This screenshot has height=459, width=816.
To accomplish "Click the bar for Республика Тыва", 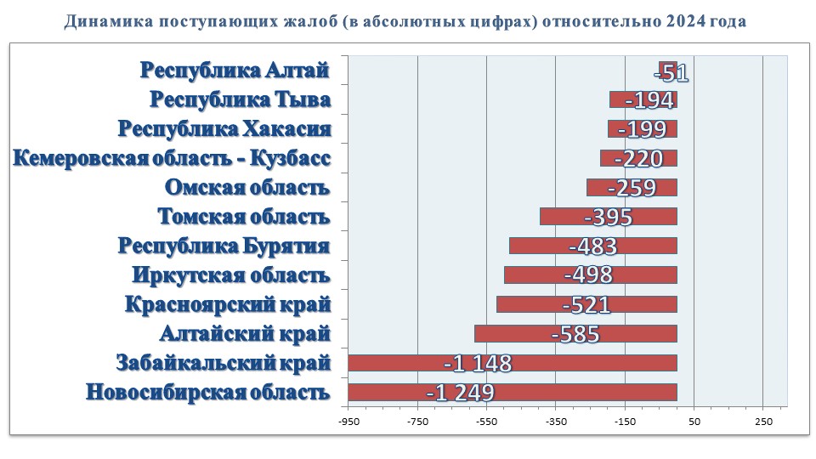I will click(x=643, y=100).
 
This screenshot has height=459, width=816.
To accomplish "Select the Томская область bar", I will click(x=608, y=217).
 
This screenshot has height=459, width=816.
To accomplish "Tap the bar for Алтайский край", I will click(x=575, y=333).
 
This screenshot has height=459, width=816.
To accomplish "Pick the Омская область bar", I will click(x=632, y=188).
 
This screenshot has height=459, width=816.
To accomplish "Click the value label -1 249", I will click(x=460, y=393).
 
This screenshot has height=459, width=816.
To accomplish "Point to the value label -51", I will click(x=671, y=72).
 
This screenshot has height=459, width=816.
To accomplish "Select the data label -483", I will click(x=592, y=246).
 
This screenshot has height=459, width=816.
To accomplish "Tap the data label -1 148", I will click(x=478, y=364).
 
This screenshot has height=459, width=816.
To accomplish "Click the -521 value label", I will click(x=586, y=304).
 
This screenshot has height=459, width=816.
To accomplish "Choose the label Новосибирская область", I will click(x=207, y=393).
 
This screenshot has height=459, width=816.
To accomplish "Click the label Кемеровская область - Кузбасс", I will click(x=171, y=159).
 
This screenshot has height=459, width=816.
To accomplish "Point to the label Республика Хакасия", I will click(x=224, y=129).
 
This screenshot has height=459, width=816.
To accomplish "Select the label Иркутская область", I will click(x=230, y=275).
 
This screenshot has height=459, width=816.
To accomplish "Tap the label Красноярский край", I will click(x=227, y=304).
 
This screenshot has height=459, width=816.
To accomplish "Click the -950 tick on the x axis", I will click(x=348, y=422).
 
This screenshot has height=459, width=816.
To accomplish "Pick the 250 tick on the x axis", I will click(x=762, y=422).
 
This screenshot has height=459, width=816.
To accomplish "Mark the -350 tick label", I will click(x=555, y=422).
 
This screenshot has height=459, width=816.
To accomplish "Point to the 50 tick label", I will click(x=694, y=422).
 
